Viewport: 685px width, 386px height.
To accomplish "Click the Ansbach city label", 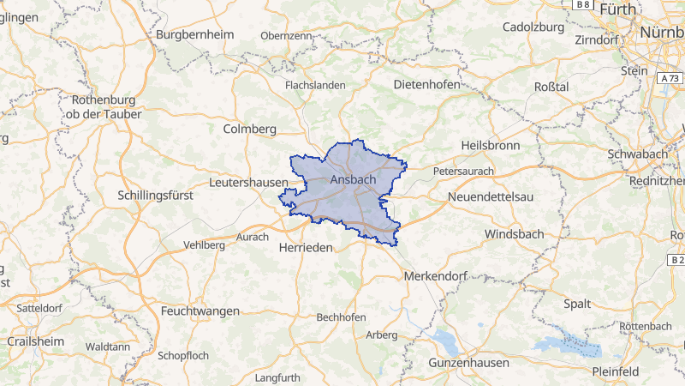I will [354, 180].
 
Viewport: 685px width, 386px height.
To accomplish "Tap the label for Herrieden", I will [305, 246].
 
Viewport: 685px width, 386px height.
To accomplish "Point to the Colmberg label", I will [249, 129].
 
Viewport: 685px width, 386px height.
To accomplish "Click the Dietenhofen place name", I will [426, 85].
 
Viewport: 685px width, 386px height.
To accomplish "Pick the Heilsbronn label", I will [490, 146].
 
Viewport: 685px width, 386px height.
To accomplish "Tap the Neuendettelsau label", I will [491, 197].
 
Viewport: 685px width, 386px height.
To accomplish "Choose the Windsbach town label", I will [513, 234].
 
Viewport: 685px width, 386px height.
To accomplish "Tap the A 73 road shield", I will [670, 78].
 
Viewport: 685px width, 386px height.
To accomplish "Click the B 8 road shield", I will [584, 5].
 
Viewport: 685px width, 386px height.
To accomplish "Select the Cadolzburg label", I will [533, 27].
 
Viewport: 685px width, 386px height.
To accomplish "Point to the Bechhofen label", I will [342, 317].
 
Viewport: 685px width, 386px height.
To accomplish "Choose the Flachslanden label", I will [315, 85].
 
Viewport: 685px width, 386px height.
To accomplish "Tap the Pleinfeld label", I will [615, 371].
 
